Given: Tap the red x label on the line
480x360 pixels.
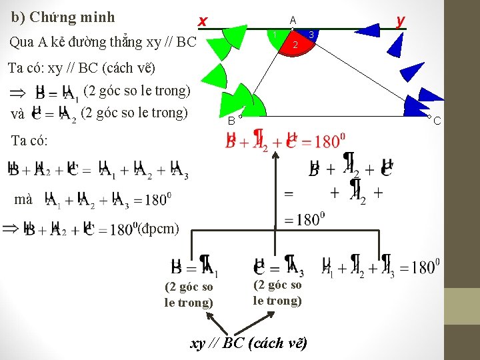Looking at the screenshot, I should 202,22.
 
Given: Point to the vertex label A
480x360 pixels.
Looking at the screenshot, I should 293,20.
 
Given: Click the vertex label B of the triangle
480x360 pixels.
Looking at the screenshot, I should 231,121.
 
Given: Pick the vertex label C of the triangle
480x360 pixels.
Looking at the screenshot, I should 437,121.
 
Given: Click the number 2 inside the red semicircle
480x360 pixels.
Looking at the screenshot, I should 295,45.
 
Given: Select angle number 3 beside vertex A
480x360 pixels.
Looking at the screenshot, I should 311,34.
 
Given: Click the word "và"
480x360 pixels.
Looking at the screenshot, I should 19,113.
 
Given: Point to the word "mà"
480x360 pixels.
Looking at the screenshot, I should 23,199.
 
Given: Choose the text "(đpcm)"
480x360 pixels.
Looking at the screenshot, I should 158,229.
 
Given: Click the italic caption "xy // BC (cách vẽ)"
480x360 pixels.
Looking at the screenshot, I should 249,343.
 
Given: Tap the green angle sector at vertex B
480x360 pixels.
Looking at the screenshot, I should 253,107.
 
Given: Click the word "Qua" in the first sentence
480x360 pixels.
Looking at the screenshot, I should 21,42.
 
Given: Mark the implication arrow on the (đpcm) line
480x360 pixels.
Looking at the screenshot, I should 11,229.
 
